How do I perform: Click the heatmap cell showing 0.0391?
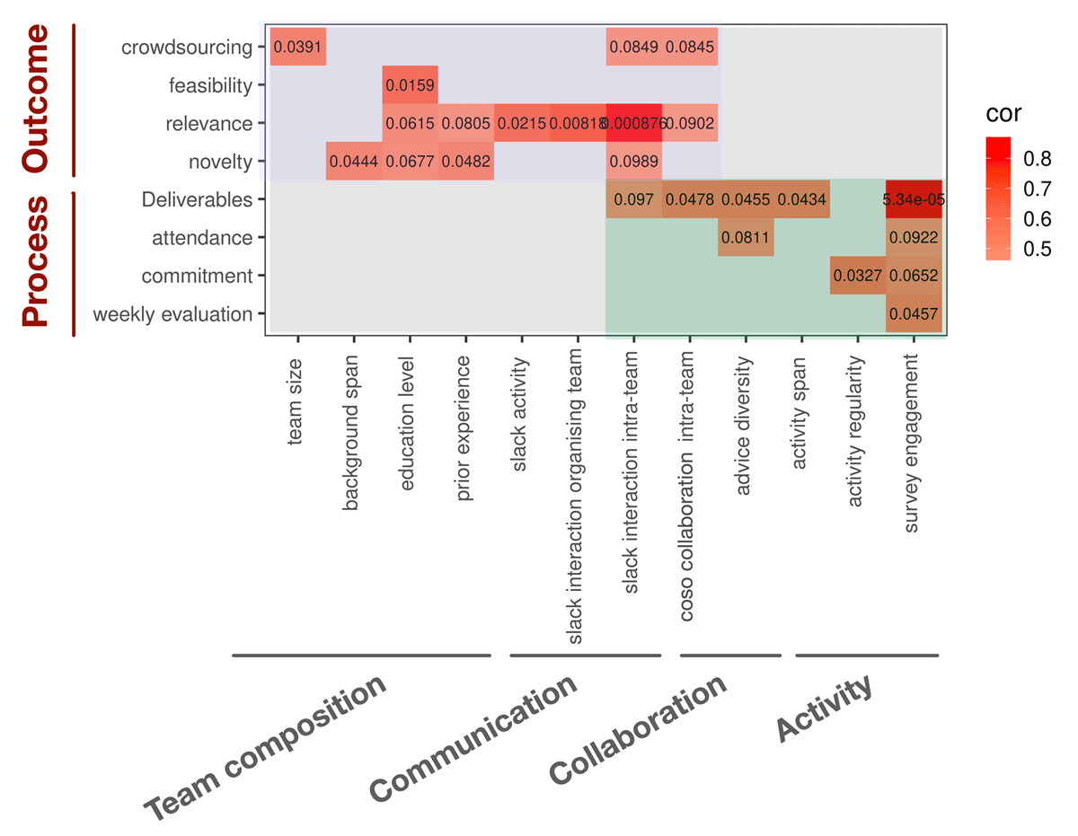click(x=297, y=47)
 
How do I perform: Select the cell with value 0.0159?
click(x=410, y=85)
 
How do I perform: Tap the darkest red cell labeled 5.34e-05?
click(x=914, y=199)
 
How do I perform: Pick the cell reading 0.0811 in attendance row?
click(x=746, y=238)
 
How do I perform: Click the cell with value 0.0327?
click(x=857, y=276)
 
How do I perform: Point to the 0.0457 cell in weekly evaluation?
click(x=914, y=314)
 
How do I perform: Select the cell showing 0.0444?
click(x=354, y=162)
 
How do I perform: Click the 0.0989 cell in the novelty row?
click(x=633, y=162)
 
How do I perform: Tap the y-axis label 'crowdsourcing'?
click(x=186, y=48)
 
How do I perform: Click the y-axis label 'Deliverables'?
click(x=197, y=200)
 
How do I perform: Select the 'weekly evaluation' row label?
click(x=172, y=314)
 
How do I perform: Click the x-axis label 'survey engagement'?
click(x=913, y=443)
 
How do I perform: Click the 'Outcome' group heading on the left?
click(x=36, y=99)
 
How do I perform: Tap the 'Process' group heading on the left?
click(x=36, y=262)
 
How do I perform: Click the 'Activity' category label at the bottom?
click(x=825, y=709)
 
